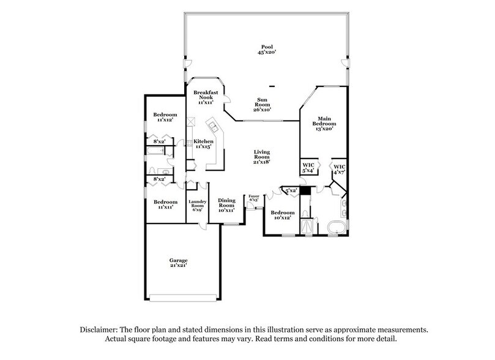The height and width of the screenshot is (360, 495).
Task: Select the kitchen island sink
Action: pyautogui.click(x=214, y=127)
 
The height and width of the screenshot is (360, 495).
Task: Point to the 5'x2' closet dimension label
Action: pyautogui.click(x=291, y=190)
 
